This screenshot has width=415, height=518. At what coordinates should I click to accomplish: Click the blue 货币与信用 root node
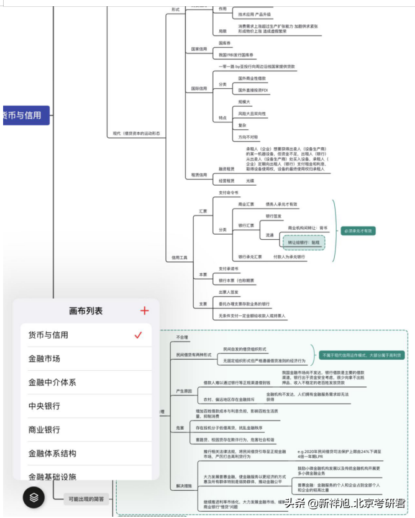[x=25, y=116]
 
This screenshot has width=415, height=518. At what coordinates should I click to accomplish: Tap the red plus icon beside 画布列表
[x=145, y=311]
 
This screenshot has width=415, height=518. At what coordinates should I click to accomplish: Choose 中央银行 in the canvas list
[x=44, y=406]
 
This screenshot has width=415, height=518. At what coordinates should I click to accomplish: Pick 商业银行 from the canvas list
[x=44, y=430]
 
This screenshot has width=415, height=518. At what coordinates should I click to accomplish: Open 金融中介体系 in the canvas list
[x=52, y=383]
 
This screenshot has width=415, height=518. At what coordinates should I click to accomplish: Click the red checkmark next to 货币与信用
[x=139, y=335]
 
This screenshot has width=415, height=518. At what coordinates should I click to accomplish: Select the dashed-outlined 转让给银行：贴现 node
[x=304, y=242]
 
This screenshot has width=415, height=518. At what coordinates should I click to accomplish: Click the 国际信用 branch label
[x=199, y=88]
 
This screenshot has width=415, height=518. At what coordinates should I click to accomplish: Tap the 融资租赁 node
[x=227, y=168]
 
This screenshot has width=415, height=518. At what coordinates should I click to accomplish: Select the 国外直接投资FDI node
[x=253, y=91]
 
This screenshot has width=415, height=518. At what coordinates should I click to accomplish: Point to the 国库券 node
[x=226, y=43]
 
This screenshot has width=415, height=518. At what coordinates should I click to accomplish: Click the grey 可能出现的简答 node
[x=86, y=498]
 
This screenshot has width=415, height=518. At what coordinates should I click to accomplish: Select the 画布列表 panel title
[x=86, y=311]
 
